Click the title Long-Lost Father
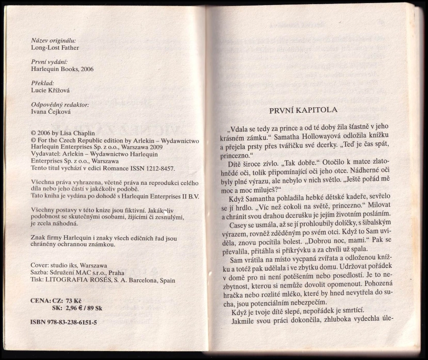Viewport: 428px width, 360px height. tap(55, 48)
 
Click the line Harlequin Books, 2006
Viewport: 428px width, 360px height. tap(62, 69)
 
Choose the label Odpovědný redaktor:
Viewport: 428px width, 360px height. tap(60, 105)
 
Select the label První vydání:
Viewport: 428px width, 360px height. tap(49, 62)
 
